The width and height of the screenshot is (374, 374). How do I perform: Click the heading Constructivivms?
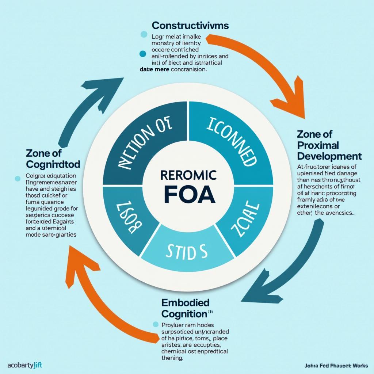click(190, 25)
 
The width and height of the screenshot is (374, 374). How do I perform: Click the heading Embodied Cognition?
click(186, 308)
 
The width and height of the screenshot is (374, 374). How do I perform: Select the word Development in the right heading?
click(329, 156)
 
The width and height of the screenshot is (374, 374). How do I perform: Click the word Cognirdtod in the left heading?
click(53, 163)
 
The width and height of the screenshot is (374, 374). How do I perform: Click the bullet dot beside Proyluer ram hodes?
click(155, 324)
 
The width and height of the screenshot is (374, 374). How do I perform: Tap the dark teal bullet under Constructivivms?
click(143, 54)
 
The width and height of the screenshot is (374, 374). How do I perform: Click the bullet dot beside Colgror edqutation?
click(17, 179)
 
